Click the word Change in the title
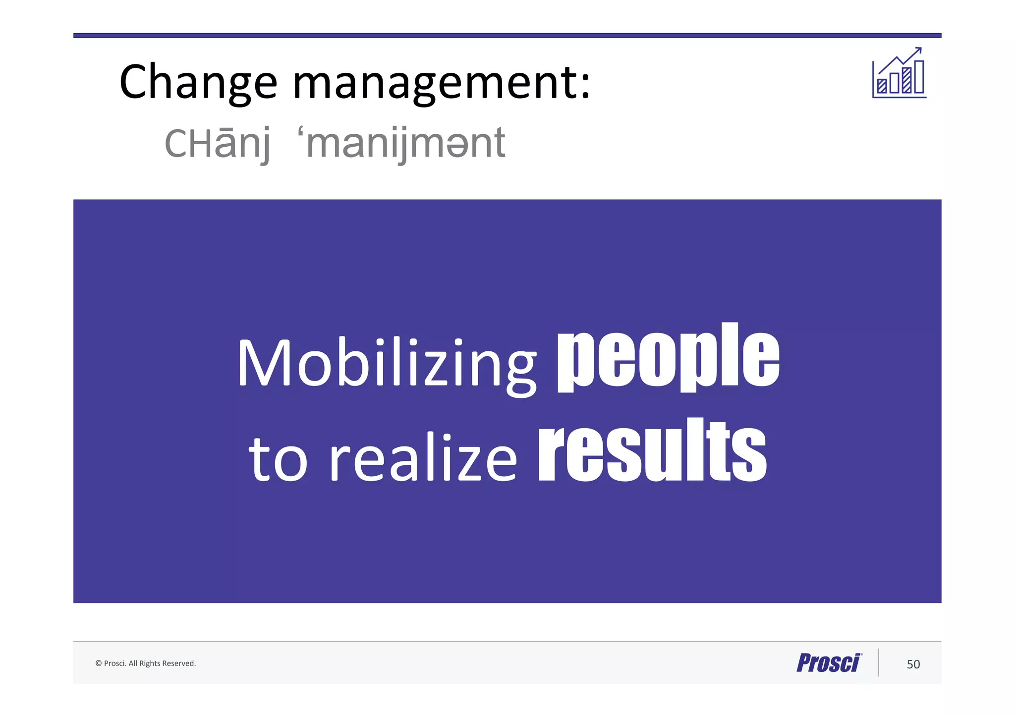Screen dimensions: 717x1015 pyautogui.click(x=198, y=82)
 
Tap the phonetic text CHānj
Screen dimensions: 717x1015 pyautogui.click(x=218, y=143)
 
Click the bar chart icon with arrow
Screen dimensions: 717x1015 pyautogui.click(x=899, y=73)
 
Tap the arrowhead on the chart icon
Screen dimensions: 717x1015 pyautogui.click(x=919, y=50)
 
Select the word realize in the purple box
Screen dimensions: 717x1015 pyautogui.click(x=424, y=458)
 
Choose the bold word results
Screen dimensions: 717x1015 pyautogui.click(x=652, y=451)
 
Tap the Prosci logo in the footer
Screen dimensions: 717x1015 pyautogui.click(x=829, y=663)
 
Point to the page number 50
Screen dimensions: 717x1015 pyautogui.click(x=913, y=664)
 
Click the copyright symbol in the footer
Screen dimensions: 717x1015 pyautogui.click(x=98, y=663)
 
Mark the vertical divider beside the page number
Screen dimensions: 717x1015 pyautogui.click(x=879, y=662)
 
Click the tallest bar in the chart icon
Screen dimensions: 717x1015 pyautogui.click(x=919, y=77)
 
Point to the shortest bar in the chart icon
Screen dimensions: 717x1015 pyautogui.click(x=882, y=86)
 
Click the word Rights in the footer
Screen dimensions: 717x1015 pyautogui.click(x=150, y=663)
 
